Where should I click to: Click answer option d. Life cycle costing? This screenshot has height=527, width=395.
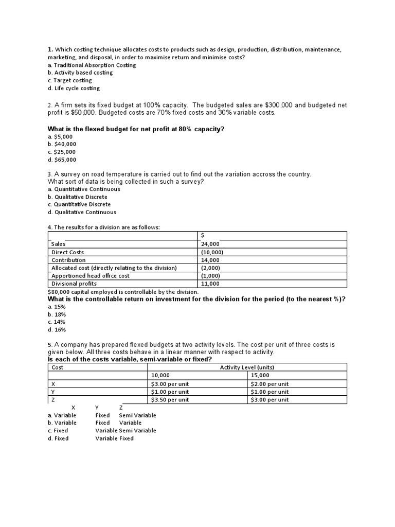point(74,88)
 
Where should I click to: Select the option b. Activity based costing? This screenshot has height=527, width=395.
point(80,73)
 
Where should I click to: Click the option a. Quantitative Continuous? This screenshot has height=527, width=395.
point(84,189)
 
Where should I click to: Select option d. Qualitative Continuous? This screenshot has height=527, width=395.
point(82,212)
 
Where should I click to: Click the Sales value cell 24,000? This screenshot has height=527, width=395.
point(210,244)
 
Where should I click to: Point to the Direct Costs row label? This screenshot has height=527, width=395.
point(67,252)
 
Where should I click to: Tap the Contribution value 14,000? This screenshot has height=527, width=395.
point(210,260)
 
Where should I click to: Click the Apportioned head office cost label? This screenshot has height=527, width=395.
point(91,276)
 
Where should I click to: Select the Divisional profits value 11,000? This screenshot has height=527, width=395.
point(210,284)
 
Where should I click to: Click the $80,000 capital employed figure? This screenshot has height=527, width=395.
point(60,292)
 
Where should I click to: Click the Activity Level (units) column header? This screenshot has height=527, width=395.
point(247,367)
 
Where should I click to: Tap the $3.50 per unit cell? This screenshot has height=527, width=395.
point(170,400)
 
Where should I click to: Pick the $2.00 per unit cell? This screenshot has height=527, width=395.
point(270,384)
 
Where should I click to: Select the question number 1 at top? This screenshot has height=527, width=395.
point(50,49)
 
